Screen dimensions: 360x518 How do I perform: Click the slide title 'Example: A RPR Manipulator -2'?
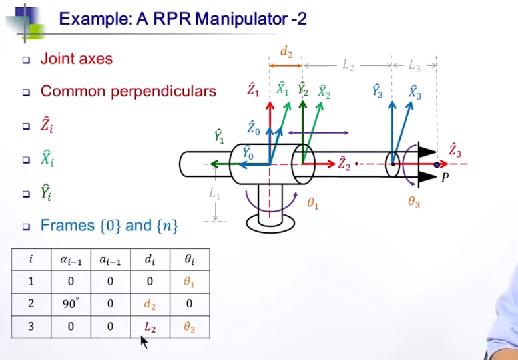point(182,19)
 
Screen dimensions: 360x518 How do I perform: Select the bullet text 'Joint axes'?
point(76,59)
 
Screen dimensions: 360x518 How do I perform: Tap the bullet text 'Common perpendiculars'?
point(128,91)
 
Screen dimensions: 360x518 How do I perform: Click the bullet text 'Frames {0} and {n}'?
point(109,226)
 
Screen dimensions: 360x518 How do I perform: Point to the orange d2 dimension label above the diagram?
point(286,53)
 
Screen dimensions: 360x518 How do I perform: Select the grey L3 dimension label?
point(414,65)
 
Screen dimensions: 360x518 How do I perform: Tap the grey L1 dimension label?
point(214,194)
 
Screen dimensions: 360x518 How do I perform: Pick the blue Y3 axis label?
point(377,91)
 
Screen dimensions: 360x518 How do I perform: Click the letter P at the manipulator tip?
point(445,178)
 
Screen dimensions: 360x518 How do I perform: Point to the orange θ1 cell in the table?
point(190,281)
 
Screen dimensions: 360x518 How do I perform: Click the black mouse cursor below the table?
point(143,341)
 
